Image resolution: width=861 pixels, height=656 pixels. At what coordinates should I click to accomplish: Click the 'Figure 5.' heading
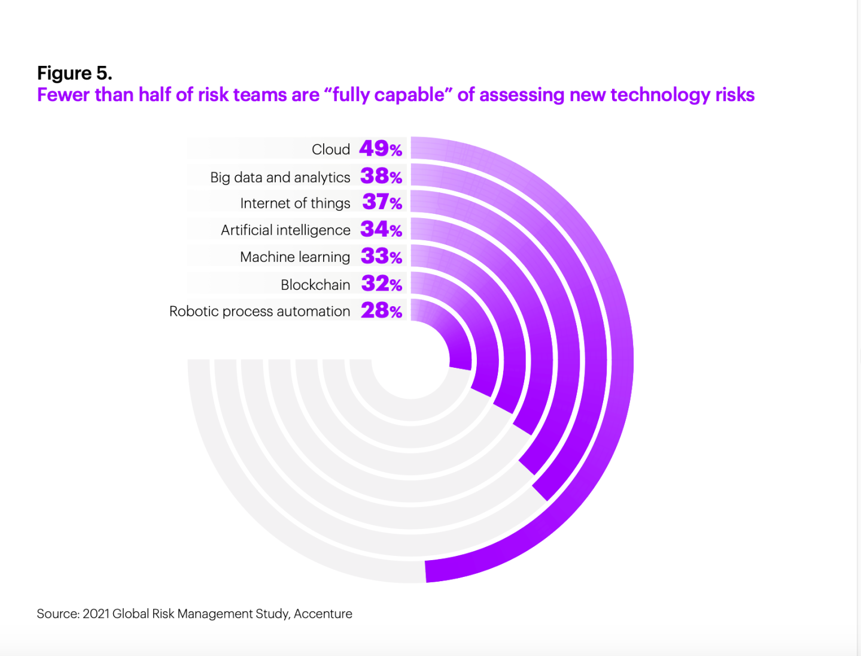[x=75, y=73]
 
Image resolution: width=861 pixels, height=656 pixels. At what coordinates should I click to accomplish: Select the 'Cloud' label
[x=331, y=149]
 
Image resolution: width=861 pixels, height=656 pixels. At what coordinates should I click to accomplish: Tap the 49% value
[x=381, y=149]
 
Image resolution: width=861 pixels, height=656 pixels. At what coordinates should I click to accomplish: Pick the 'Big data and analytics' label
[x=280, y=177]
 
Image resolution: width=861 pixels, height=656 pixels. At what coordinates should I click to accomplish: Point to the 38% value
[x=381, y=176]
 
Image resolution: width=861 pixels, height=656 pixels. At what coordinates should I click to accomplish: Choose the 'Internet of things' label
[x=295, y=204]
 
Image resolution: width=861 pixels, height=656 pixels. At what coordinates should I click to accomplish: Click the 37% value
[x=382, y=202]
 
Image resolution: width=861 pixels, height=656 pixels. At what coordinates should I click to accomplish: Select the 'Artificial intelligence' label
[x=285, y=230]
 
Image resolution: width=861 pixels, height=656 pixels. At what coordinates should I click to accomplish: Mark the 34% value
[x=381, y=229]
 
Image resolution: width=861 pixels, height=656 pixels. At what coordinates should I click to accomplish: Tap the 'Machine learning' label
[x=295, y=257]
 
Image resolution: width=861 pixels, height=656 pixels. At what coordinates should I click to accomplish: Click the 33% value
[x=381, y=256]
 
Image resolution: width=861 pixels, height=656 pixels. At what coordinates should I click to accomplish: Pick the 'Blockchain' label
[x=315, y=285]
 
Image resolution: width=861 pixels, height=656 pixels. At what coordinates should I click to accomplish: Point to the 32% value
[x=381, y=283]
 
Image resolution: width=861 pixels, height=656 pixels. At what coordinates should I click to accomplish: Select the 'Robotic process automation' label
[x=260, y=312]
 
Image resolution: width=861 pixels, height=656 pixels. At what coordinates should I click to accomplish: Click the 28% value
[x=381, y=310]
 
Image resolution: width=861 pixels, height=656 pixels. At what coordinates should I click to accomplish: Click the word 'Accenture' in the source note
[x=323, y=614]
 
